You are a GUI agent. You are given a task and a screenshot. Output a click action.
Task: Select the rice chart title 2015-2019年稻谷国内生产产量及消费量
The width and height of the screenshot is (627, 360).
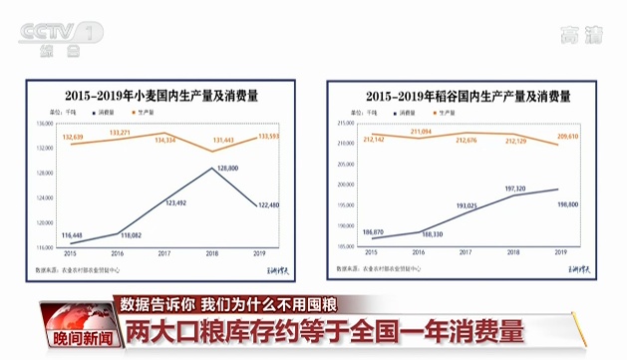[x=468, y=96]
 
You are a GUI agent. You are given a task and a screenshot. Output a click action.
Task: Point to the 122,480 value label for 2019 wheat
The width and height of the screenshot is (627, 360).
[x=267, y=206]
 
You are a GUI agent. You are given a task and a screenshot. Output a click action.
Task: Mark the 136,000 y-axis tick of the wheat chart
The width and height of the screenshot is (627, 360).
[x=44, y=124]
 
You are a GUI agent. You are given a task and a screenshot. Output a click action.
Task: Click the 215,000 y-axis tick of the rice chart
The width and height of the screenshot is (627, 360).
[x=345, y=124]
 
